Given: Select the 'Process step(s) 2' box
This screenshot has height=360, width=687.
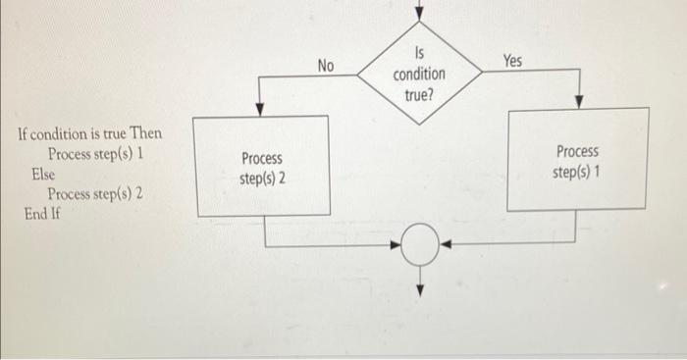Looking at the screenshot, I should click(x=262, y=167).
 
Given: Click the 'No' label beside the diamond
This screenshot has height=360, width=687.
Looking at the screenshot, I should click(x=326, y=66).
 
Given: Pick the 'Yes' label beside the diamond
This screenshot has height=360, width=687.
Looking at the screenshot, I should click(x=512, y=62).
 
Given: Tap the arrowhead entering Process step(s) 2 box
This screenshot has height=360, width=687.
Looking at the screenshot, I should click(x=258, y=109).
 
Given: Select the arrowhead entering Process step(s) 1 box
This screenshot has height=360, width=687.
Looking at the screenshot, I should click(x=579, y=101).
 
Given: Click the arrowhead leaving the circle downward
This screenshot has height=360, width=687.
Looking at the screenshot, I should click(x=420, y=287).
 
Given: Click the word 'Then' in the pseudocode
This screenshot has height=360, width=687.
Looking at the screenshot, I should click(x=144, y=134).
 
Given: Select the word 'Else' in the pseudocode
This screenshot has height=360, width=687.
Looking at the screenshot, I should click(x=43, y=173).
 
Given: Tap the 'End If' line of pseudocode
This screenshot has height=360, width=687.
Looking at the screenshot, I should click(x=42, y=212).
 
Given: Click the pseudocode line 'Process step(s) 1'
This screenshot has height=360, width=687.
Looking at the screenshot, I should click(x=95, y=154).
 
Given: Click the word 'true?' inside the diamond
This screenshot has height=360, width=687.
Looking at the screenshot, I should click(x=419, y=95).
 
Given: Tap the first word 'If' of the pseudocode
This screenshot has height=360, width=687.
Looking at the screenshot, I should click(x=24, y=134).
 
